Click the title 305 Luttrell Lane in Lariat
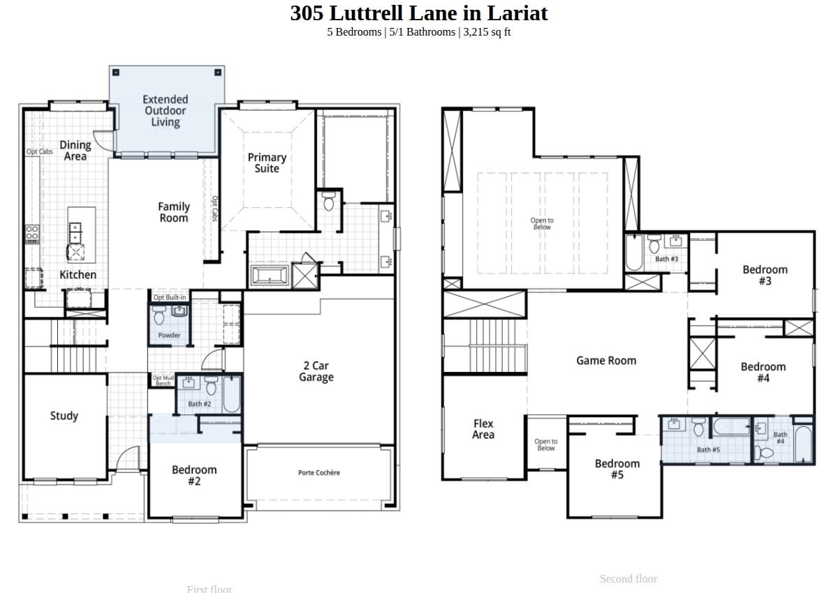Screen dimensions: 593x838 [x=419, y=13]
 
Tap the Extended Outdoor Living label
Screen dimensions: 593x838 [x=166, y=111]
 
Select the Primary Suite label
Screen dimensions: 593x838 [x=267, y=163]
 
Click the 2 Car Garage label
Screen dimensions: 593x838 [x=316, y=371]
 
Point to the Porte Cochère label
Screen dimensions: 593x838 [x=319, y=473]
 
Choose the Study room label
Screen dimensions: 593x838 [x=64, y=416]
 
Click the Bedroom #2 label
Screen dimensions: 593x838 [x=194, y=475]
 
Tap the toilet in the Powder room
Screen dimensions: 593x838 [x=159, y=316]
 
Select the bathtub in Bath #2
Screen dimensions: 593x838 [x=232, y=395]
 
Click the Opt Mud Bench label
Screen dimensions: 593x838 [x=163, y=380]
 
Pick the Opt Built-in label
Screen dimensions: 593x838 [x=170, y=297]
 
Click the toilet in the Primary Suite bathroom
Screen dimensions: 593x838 [x=330, y=202]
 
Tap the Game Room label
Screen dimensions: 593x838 [x=606, y=361]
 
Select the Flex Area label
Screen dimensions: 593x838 [x=483, y=429]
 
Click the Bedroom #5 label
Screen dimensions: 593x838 [x=617, y=469]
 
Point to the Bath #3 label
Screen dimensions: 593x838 [x=666, y=259]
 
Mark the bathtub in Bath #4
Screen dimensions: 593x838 [x=804, y=444]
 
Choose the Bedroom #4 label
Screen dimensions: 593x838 [x=763, y=372]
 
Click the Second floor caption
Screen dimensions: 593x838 [x=628, y=579]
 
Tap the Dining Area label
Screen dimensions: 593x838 [x=75, y=151]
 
